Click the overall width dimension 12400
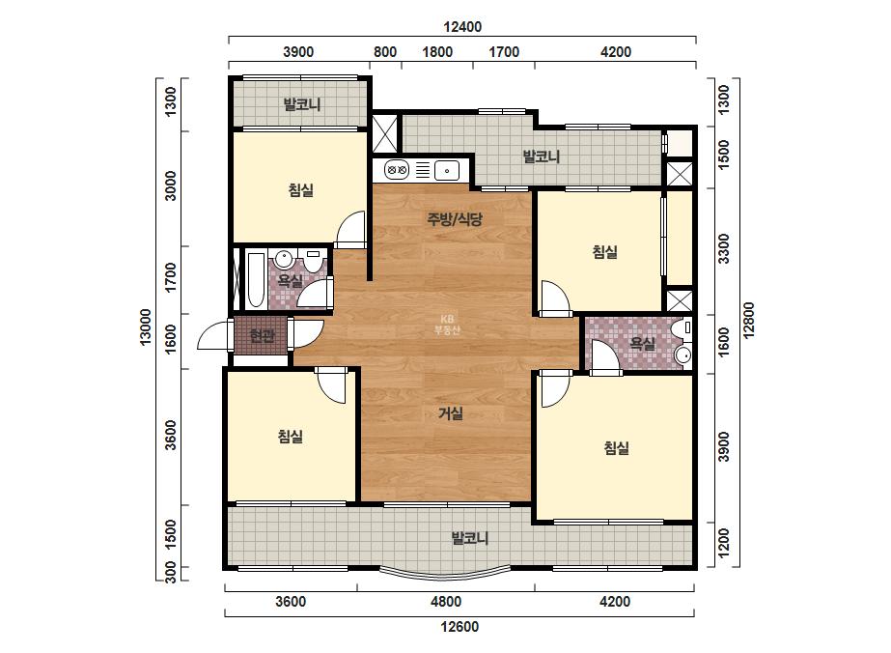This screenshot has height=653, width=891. coord(462,27)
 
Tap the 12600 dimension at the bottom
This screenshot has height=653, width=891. coord(459,627)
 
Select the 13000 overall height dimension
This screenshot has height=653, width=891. coord(146,327)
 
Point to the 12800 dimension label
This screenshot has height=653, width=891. coord(748,321)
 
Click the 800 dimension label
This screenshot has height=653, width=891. coord(385,52)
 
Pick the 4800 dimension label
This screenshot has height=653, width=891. coord(446,601)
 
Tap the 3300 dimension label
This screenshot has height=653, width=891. coord(723,248)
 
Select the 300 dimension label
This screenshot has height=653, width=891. coord(171,572)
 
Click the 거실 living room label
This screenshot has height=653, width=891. coord(451,413)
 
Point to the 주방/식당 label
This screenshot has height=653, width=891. coord(455,219)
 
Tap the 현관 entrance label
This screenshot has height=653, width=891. coord(262,335)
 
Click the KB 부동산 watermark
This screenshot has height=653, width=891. coord(447,325)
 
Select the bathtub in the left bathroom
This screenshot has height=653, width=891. coord(255,280)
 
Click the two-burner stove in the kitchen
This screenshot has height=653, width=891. coord(397,169)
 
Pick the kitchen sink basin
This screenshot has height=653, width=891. coord(447,170)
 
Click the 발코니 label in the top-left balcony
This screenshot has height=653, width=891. coord(302,104)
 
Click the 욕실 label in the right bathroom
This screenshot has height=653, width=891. coord(642,344)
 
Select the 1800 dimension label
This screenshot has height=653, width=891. coord(437,52)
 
